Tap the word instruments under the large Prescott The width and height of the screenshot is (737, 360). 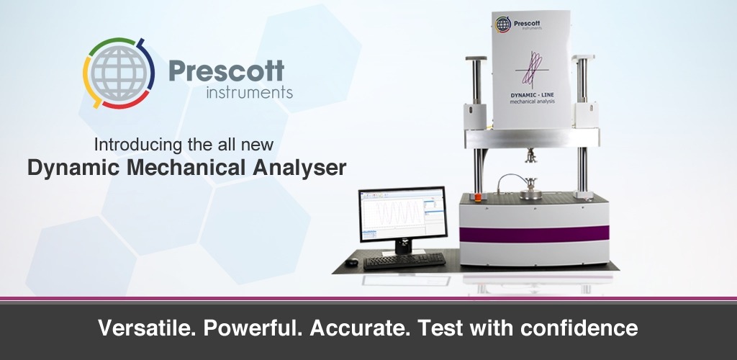249,93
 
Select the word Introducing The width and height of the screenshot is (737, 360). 136,143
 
